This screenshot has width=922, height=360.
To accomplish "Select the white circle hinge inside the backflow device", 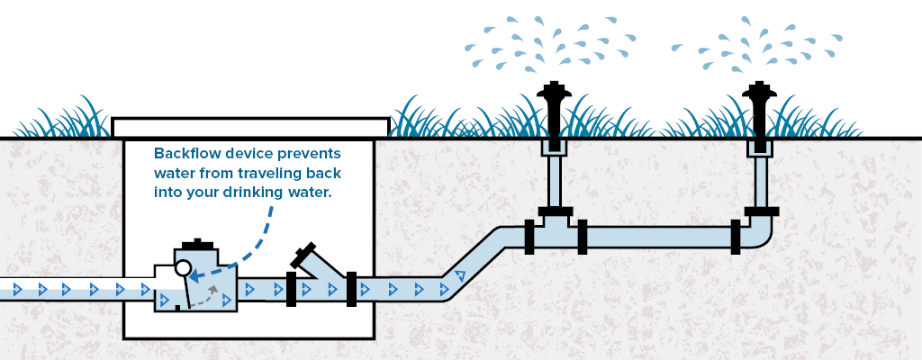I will coord(183,267).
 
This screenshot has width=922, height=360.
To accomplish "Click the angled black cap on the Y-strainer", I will coord(304,254).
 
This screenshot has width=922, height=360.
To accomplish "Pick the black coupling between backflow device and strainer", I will coord(291,290).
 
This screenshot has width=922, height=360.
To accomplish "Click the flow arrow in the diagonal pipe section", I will coord(460,274).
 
